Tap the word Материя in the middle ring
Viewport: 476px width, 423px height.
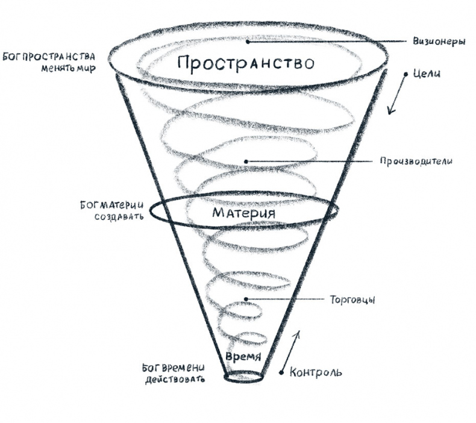pos(244,213)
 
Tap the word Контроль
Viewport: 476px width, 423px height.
pos(316,372)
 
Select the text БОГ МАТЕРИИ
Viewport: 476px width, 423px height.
pos(111,205)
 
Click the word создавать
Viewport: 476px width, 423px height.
pos(119,216)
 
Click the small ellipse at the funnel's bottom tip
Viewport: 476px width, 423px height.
pos(243,377)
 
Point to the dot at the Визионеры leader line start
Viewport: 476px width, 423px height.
pos(248,42)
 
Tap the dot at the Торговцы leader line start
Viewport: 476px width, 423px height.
pos(246,299)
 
